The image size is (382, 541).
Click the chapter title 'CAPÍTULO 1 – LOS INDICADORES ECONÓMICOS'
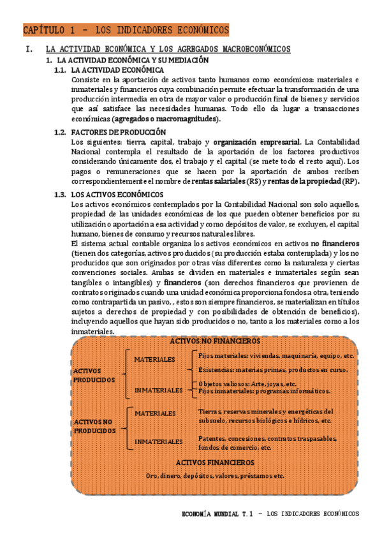[x=126, y=30]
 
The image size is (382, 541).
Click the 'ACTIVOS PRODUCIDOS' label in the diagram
[x=94, y=375]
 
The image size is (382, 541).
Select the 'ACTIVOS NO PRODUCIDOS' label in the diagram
[x=94, y=426]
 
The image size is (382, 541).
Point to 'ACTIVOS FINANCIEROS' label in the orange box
[x=214, y=462]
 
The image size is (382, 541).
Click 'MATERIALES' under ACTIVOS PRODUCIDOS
[x=154, y=360]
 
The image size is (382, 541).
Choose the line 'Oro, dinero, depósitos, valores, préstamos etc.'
[x=215, y=475]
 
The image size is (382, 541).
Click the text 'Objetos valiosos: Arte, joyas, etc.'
[x=247, y=384]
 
